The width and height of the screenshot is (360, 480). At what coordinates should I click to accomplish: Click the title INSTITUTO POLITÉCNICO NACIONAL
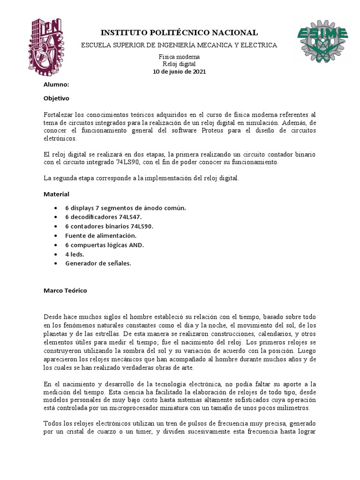(x=179, y=32)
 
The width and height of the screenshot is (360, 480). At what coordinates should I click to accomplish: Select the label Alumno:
(x=56, y=85)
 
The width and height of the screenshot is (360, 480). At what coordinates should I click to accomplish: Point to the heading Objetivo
(x=56, y=99)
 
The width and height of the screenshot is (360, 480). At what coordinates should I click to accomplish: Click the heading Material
(x=56, y=194)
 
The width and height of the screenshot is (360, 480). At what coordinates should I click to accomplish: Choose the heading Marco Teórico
(x=65, y=290)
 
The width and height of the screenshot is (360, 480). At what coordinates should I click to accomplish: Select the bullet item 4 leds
(x=75, y=254)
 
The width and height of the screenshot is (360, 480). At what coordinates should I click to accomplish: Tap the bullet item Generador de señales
(x=98, y=263)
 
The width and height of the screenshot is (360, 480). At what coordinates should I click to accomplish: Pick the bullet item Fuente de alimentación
(x=101, y=235)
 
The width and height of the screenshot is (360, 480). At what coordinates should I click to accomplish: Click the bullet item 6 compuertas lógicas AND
(x=105, y=245)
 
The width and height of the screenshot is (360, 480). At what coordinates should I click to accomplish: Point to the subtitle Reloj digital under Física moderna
(x=179, y=64)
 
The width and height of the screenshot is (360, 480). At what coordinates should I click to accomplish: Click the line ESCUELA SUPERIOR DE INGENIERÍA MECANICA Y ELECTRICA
(x=179, y=45)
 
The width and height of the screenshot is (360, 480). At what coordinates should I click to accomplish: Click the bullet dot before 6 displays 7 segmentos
(x=57, y=208)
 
